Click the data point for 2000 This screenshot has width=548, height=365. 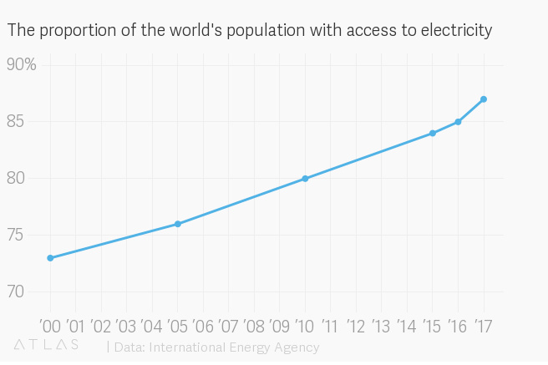pos(50,258)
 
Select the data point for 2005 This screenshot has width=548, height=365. pos(178,224)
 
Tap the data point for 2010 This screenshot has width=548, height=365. pos(305,179)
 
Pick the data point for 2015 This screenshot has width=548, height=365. pos(433,134)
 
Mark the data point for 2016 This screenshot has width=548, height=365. pos(458,122)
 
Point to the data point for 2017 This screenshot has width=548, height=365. pos(484,99)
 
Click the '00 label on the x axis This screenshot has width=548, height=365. pos(50,324)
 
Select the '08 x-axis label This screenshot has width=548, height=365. pos(254,324)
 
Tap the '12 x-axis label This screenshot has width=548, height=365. pos(356,324)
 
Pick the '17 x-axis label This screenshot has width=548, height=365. pos(483,324)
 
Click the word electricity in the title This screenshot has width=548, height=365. pos(455,31)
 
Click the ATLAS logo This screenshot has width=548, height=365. pos(47,345)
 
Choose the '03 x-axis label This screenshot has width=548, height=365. pos(127,324)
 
